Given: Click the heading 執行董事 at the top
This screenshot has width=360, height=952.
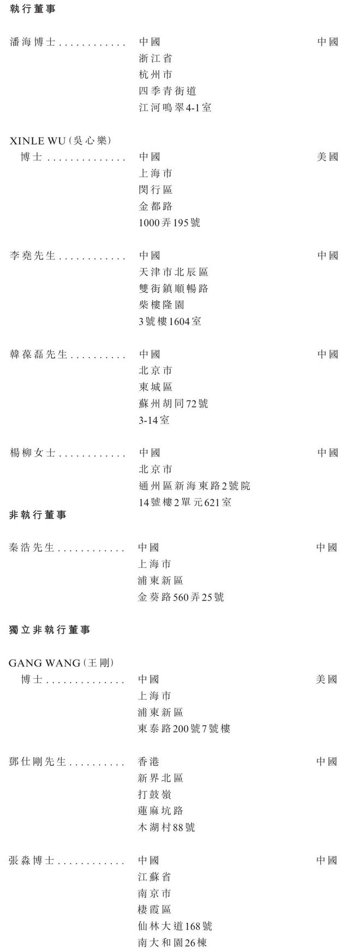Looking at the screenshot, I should [33, 9].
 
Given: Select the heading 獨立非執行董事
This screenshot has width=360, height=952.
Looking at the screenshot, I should [50, 630].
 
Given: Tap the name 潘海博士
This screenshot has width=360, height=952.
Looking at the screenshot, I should [33, 42].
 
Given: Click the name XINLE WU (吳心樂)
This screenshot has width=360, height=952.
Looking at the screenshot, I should [61, 141].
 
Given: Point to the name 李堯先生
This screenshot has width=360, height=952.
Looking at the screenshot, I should [33, 255].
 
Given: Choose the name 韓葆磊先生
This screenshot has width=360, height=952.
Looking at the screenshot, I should [38, 354].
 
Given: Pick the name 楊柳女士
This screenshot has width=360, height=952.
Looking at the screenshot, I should [33, 453].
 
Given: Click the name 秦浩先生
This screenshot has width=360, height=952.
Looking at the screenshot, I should [32, 547].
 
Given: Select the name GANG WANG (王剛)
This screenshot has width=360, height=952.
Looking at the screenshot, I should [61, 663].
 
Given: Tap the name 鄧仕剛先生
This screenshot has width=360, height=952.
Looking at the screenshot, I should [38, 762].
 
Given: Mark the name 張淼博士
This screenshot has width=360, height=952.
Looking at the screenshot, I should [32, 860].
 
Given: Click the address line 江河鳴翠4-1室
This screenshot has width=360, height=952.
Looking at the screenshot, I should [175, 107].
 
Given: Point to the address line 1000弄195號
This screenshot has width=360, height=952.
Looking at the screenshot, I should [170, 223].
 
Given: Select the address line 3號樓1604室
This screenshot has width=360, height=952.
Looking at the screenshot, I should [170, 321].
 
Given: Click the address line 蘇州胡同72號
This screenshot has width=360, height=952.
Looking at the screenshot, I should [173, 404].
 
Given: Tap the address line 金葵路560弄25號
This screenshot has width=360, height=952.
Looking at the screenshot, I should [181, 597].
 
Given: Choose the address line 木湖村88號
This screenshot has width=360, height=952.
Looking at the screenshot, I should [166, 828].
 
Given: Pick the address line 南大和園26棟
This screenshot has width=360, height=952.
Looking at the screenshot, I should [172, 943].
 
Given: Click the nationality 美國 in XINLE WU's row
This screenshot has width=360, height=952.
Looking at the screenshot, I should [328, 157].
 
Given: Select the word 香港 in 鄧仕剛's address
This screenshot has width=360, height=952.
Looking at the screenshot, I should [149, 762].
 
